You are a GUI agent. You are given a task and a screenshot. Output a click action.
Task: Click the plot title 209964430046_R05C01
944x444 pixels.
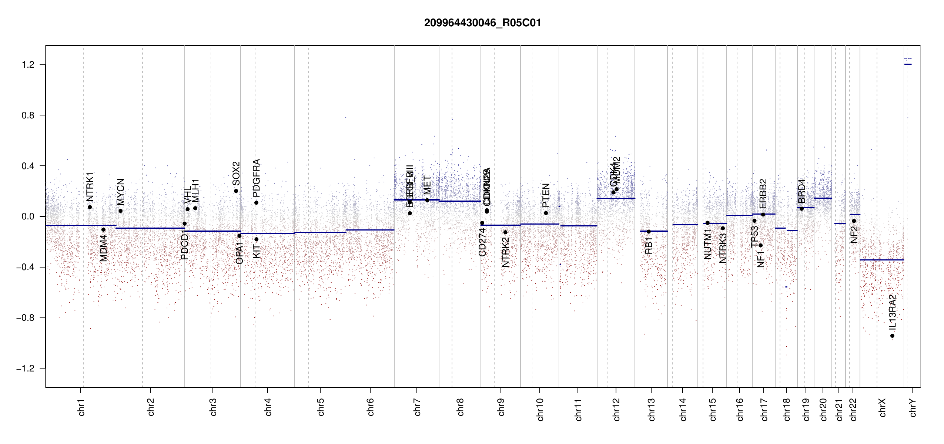[x=482, y=23]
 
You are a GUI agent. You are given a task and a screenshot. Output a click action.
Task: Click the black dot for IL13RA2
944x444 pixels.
[x=892, y=336]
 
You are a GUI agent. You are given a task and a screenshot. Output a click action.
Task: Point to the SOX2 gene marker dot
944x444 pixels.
[x=236, y=191]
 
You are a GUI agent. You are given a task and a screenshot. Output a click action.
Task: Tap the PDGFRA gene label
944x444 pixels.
[x=256, y=178]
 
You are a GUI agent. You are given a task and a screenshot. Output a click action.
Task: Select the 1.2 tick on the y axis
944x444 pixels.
[x=28, y=65]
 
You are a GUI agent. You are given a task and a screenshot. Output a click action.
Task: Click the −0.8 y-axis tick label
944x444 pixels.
[x=25, y=318]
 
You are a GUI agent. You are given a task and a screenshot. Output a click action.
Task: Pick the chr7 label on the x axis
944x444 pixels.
[x=417, y=407]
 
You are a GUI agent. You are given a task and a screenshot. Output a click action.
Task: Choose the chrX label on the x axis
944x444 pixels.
[x=882, y=408]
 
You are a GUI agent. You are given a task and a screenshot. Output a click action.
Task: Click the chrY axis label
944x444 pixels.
[x=913, y=408]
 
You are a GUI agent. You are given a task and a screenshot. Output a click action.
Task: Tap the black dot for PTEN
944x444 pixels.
[x=546, y=213]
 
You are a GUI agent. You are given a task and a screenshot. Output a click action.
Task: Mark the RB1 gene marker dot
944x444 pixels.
[x=649, y=232]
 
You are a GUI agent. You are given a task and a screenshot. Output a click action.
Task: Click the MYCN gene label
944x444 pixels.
[x=121, y=192]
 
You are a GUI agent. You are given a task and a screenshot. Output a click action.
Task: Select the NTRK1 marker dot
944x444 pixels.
[x=90, y=207]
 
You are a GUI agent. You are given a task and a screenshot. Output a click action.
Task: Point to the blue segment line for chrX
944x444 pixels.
[x=881, y=260]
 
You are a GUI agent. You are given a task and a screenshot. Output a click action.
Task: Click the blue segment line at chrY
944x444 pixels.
[x=908, y=64]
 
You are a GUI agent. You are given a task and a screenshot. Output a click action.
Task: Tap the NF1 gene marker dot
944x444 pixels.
[x=760, y=245]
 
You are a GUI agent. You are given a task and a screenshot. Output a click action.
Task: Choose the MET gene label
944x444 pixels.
[x=427, y=185]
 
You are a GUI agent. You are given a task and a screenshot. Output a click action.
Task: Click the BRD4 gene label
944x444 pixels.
[x=801, y=191]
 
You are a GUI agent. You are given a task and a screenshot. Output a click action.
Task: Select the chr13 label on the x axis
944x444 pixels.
[x=651, y=409]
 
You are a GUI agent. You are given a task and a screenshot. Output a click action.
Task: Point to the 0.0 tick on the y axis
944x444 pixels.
[x=28, y=216]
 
